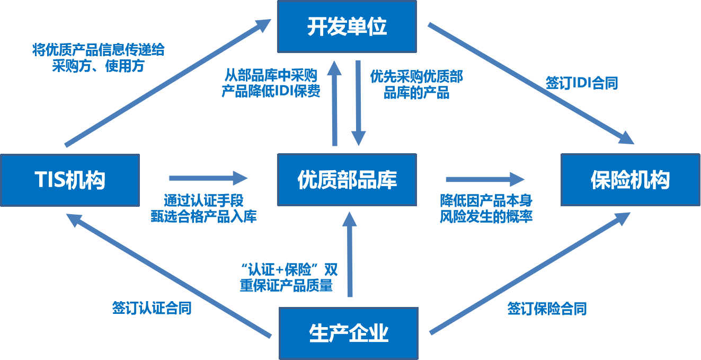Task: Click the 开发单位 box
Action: coord(347,27)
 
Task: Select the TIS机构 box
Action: coord(70,180)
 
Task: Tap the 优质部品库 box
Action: coord(347,180)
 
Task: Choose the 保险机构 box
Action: coord(631,180)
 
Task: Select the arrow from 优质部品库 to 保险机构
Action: coord(485,180)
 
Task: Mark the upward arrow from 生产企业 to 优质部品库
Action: coord(349,254)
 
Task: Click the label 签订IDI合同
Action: coord(582,84)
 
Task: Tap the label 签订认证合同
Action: coord(152,309)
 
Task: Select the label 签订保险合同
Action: coord(547,309)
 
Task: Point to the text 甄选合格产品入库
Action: coord(203,217)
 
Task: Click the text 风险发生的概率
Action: coord(486,217)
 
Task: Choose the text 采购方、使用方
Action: coord(98,67)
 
